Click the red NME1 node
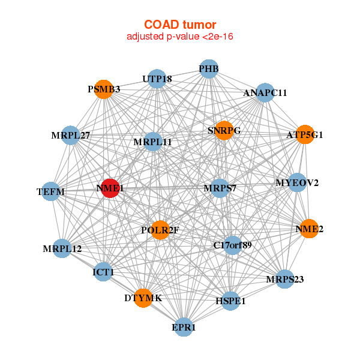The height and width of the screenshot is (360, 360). (110, 188)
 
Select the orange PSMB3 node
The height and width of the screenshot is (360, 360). (104, 89)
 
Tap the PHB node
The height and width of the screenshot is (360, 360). (209, 69)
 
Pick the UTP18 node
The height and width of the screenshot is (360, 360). (157, 79)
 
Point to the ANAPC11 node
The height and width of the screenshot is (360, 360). (265, 93)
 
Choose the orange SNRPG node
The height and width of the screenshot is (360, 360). (224, 130)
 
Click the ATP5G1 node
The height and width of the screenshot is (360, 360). (305, 134)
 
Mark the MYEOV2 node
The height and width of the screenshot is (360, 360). (298, 182)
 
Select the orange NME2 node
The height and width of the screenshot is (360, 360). (309, 229)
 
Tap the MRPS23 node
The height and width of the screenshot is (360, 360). (284, 279)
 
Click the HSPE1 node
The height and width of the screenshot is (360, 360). (230, 301)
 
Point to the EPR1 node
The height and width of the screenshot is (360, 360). (184, 327)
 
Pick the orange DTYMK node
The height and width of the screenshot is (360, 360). (143, 298)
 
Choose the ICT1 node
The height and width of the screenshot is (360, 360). (103, 272)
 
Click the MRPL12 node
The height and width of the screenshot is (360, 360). (62, 248)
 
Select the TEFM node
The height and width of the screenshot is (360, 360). (51, 191)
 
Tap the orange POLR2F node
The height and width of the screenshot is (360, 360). (160, 230)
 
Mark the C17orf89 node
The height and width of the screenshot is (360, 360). (233, 245)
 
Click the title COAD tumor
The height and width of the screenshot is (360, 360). (180, 25)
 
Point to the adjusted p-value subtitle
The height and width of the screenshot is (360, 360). (180, 37)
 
